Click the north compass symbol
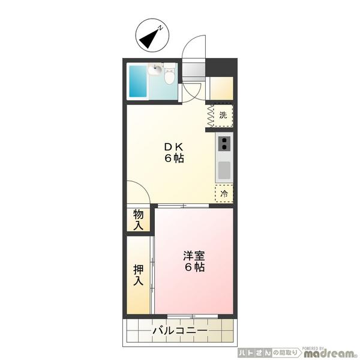click(x=152, y=35)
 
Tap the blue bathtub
click(x=138, y=81)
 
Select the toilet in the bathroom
click(x=170, y=74)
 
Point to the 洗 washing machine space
click(x=223, y=115)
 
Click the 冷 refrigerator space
click(x=224, y=194)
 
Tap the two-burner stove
click(x=224, y=143)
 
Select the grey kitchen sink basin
click(x=224, y=170)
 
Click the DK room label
click(x=174, y=147)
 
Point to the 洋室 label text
click(x=194, y=256)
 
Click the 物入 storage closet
click(x=139, y=220)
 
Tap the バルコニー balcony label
click(x=180, y=331)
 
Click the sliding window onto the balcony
click(x=193, y=317)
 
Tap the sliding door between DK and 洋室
click(x=183, y=206)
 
